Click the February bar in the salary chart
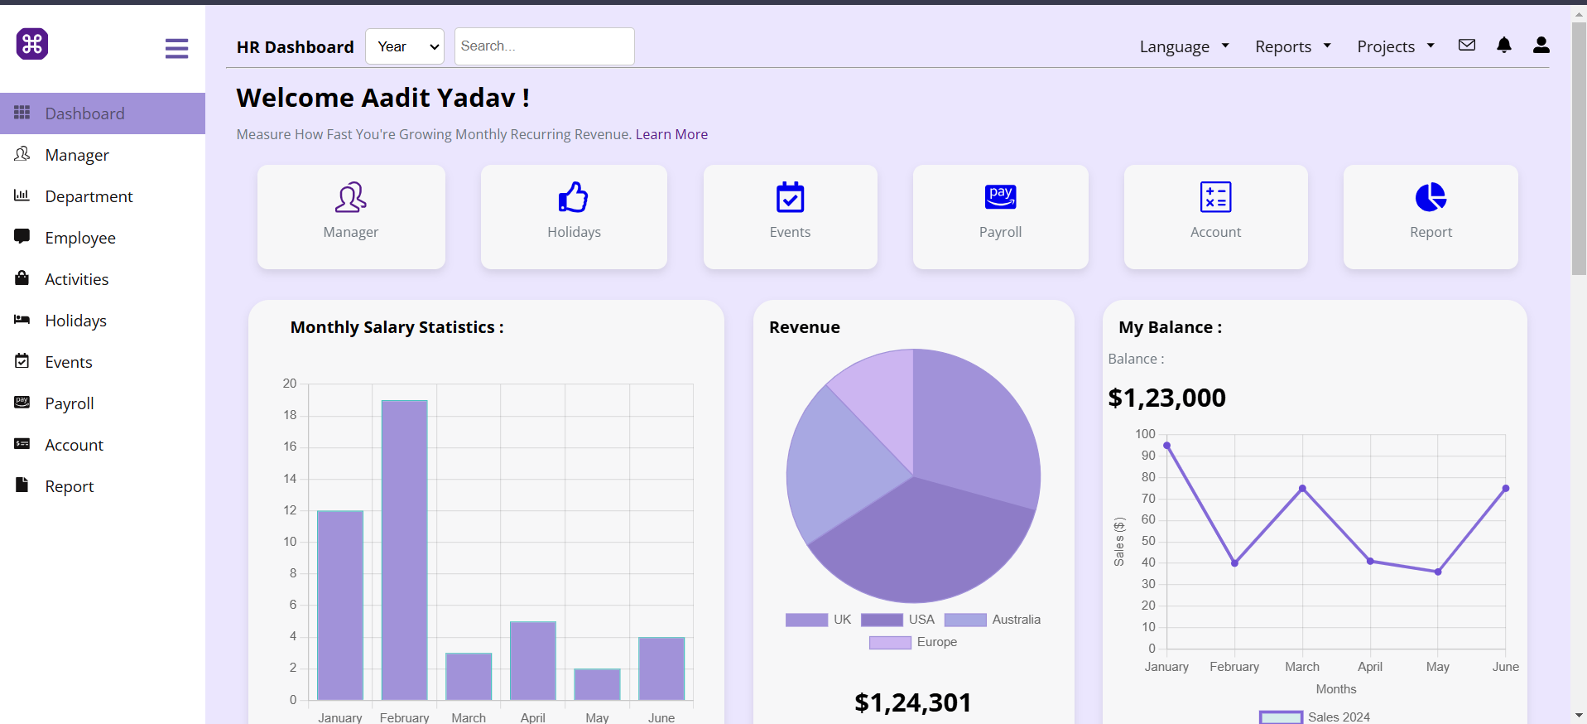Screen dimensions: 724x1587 point(404,550)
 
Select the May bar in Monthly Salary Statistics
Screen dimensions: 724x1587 point(597,684)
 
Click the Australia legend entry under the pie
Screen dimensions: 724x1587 point(993,620)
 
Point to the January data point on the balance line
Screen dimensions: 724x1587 point(1166,446)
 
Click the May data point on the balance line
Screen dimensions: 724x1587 point(1438,572)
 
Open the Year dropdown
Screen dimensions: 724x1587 point(405,46)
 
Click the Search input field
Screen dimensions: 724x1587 point(544,46)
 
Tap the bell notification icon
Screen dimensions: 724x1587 point(1504,46)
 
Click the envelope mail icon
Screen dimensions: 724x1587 point(1467,46)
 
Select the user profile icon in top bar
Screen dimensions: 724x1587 point(1541,46)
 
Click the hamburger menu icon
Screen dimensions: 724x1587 point(176,48)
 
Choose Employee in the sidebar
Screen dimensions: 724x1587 point(80,238)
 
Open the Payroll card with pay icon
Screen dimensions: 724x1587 point(1000,216)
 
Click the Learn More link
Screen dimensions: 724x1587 point(671,134)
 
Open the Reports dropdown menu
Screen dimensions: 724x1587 point(1292,46)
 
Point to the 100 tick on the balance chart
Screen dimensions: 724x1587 point(1145,434)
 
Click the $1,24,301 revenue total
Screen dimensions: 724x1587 point(913,702)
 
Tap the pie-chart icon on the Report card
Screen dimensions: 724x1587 point(1431,197)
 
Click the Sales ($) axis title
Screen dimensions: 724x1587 point(1119,542)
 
